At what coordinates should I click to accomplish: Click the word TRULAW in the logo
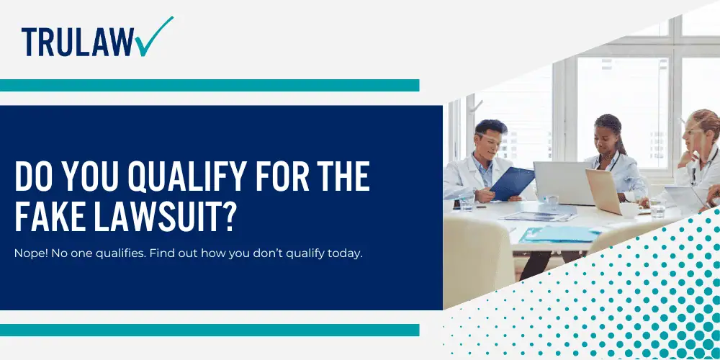coord(77,42)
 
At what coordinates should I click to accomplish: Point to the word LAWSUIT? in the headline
coord(163,217)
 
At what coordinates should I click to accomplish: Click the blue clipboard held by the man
coord(512,183)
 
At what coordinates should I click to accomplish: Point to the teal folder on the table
coord(559,234)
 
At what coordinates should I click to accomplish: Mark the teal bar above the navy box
coord(210,86)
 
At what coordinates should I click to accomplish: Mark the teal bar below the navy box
coord(210,330)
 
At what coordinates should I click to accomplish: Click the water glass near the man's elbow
coord(467,202)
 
